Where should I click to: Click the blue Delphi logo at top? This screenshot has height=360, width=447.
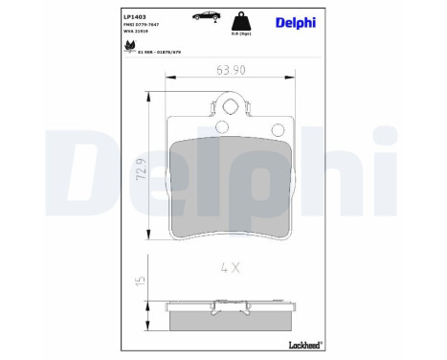click(295, 23)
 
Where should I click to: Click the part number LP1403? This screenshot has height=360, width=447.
click(107, 16)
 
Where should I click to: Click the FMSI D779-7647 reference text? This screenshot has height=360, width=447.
click(117, 26)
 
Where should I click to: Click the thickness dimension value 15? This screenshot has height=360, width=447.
click(141, 281)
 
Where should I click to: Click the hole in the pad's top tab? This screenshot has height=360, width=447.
click(229, 105)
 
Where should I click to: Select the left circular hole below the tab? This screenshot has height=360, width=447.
click(221, 126)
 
